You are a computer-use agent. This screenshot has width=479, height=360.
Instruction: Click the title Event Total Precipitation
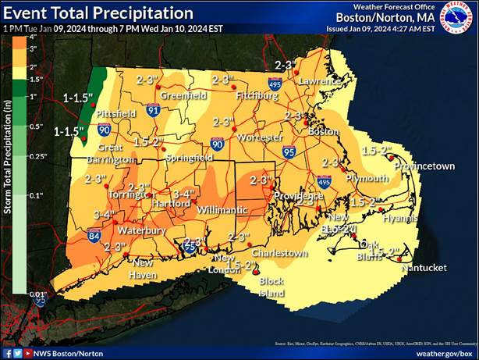point(98,13)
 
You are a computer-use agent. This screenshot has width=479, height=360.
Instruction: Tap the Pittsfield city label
point(116,113)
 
